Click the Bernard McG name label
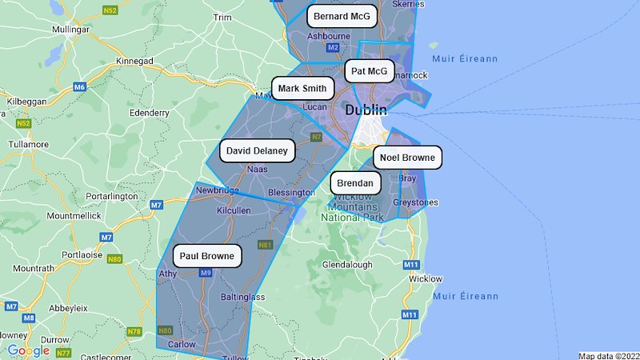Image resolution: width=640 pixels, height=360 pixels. (342, 16)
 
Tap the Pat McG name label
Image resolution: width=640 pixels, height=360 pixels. (369, 72)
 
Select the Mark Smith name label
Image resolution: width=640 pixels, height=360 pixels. (302, 88)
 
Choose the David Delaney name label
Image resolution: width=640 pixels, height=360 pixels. (258, 150)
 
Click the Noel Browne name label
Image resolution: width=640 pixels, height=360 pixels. (407, 158)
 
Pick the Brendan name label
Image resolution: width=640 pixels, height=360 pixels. (354, 183)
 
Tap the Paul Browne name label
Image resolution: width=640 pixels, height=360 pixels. (207, 257)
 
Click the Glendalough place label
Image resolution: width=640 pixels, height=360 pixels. (346, 264)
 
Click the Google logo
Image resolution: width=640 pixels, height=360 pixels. (28, 350)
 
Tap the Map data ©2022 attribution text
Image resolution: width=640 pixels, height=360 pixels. (609, 355)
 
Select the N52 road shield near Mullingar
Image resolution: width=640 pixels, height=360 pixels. (110, 10)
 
